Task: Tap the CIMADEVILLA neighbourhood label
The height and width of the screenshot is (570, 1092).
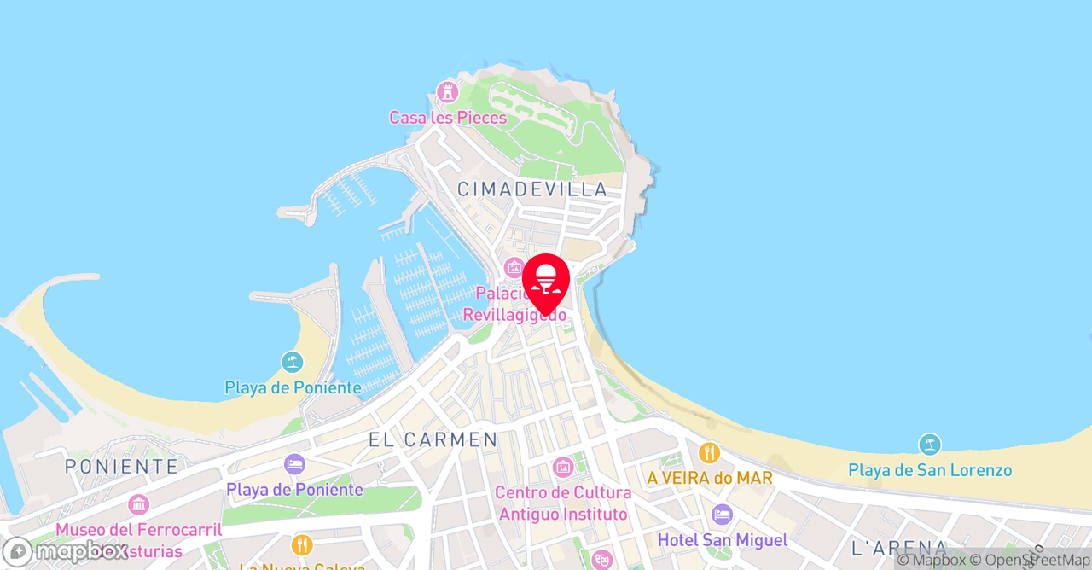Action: (x=532, y=189)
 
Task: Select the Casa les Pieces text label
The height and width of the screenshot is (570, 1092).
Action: (x=448, y=118)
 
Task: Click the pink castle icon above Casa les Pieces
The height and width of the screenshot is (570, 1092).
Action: (x=447, y=91)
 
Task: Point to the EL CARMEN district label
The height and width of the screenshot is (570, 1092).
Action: (x=433, y=439)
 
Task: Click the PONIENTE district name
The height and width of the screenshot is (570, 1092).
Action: (x=122, y=466)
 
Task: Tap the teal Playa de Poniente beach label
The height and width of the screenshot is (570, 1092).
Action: (x=293, y=388)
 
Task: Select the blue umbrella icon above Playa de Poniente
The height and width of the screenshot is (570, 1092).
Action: (x=293, y=363)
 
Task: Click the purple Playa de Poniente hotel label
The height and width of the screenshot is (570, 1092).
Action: (x=294, y=490)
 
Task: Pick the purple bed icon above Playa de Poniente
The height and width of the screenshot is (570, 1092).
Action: (x=295, y=465)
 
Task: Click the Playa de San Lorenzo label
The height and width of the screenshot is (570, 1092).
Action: (x=930, y=470)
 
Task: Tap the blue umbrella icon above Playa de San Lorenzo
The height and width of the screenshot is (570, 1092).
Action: (x=930, y=445)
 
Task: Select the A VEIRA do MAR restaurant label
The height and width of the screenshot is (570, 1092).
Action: (x=709, y=478)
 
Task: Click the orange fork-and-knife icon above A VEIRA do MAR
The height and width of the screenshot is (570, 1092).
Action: (x=709, y=453)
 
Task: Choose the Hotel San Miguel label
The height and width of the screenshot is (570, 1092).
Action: (x=722, y=540)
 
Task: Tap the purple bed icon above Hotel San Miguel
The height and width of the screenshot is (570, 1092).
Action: (x=722, y=515)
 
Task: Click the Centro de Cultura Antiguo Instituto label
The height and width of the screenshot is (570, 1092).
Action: (x=563, y=503)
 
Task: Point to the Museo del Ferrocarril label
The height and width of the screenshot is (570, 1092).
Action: (x=138, y=530)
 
